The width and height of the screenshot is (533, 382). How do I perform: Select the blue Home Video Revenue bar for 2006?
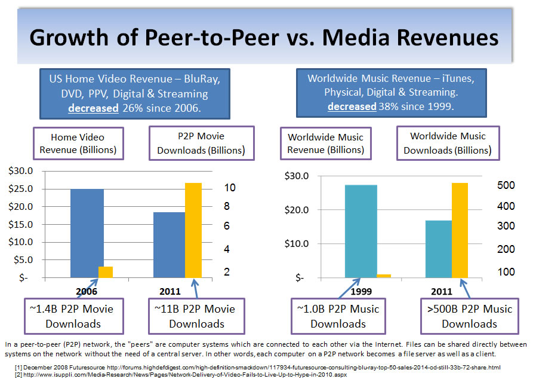[x=87, y=233]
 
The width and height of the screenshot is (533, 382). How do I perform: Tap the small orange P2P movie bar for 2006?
[x=106, y=272]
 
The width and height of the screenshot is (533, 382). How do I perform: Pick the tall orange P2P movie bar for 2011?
[x=193, y=230]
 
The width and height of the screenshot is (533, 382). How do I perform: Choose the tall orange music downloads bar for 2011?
[x=460, y=230]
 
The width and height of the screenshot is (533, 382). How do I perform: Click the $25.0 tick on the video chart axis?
[x=20, y=190]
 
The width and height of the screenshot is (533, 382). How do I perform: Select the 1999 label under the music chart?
[x=360, y=292]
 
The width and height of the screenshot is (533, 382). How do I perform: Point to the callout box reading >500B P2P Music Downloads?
[x=469, y=316]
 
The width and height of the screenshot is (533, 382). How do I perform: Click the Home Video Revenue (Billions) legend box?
[x=78, y=143]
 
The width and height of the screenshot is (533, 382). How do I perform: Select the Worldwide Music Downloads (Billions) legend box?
[x=448, y=143]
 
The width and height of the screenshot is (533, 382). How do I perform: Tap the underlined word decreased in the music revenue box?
[x=352, y=107]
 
